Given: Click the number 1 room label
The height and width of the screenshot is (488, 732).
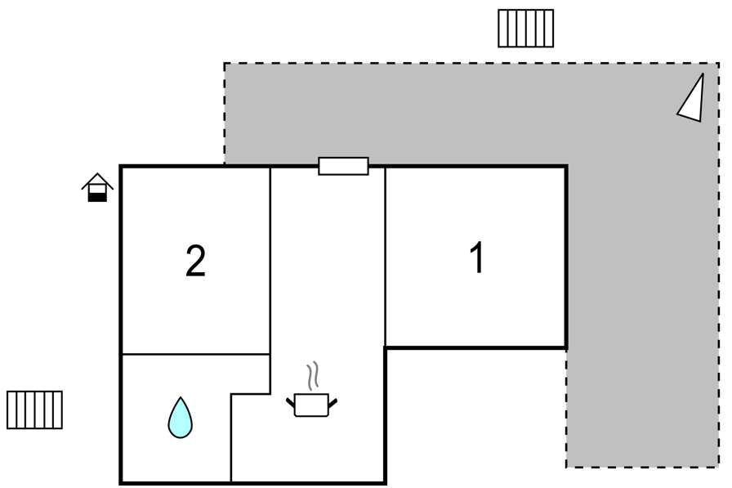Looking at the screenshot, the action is tap(477, 257).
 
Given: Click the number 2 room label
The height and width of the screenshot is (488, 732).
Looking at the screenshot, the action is tap(195, 262).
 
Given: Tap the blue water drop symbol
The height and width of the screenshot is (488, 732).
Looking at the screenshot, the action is tap(181, 418).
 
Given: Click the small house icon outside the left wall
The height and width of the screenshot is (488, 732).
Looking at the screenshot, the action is tap(97, 188).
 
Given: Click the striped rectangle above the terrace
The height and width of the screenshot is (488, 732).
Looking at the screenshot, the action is tap(525, 29).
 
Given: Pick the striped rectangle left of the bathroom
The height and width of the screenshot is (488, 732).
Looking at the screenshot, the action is tap(34, 410).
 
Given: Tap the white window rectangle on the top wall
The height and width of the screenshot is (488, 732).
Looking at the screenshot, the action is tap(344, 166).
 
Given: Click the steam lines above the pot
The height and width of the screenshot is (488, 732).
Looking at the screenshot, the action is tap(312, 376).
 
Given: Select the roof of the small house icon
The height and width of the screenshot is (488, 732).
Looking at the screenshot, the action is tap(97, 181).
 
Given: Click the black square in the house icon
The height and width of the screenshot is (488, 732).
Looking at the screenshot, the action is tap(97, 198).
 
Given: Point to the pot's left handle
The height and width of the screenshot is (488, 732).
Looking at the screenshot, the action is tap(290, 402).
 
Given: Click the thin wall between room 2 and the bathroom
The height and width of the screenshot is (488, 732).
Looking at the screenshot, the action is tap(196, 355).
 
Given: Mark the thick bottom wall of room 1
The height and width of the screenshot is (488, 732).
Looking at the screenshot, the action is tap(475, 347).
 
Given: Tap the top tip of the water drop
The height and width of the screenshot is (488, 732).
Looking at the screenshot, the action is tap(181, 397).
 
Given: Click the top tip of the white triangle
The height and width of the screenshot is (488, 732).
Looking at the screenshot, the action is tap(703, 74).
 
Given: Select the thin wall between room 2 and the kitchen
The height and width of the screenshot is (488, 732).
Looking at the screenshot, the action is tap(270, 280).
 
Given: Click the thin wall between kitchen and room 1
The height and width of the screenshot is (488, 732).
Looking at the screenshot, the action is tap(385, 257).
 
